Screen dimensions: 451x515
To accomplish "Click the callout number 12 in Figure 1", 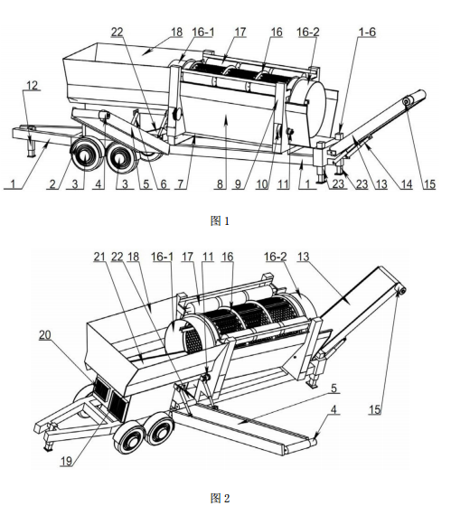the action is pyautogui.click(x=32, y=85).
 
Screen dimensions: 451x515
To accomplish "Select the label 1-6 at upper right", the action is pyautogui.click(x=367, y=32).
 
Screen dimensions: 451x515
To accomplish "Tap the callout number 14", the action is pyautogui.click(x=407, y=184).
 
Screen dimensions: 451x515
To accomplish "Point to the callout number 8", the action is pyautogui.click(x=221, y=184).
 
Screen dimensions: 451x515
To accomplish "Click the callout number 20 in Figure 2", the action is pyautogui.click(x=45, y=334).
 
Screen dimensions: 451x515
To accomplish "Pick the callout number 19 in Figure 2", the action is pyautogui.click(x=66, y=461).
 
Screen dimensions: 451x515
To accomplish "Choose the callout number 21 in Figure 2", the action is pyautogui.click(x=99, y=257).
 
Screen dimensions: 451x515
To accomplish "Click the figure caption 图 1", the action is pyautogui.click(x=220, y=221).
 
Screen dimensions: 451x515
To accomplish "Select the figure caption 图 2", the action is pyautogui.click(x=220, y=498).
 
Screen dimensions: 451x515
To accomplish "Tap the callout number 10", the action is pyautogui.click(x=262, y=184).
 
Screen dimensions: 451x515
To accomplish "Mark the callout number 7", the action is pyautogui.click(x=181, y=184).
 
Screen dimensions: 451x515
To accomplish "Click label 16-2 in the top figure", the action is pyautogui.click(x=308, y=32).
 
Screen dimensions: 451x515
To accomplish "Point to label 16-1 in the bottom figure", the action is pyautogui.click(x=162, y=257).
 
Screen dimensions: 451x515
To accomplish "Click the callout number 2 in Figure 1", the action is pyautogui.click(x=52, y=184).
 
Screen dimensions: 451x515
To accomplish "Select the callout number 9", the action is pyautogui.click(x=238, y=184).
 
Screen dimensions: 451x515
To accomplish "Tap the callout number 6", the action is pyautogui.click(x=164, y=184).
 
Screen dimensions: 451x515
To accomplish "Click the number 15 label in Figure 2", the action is pyautogui.click(x=374, y=409).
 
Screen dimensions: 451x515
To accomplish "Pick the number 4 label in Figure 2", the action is pyautogui.click(x=334, y=409).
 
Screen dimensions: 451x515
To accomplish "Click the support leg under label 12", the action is pyautogui.click(x=32, y=148).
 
